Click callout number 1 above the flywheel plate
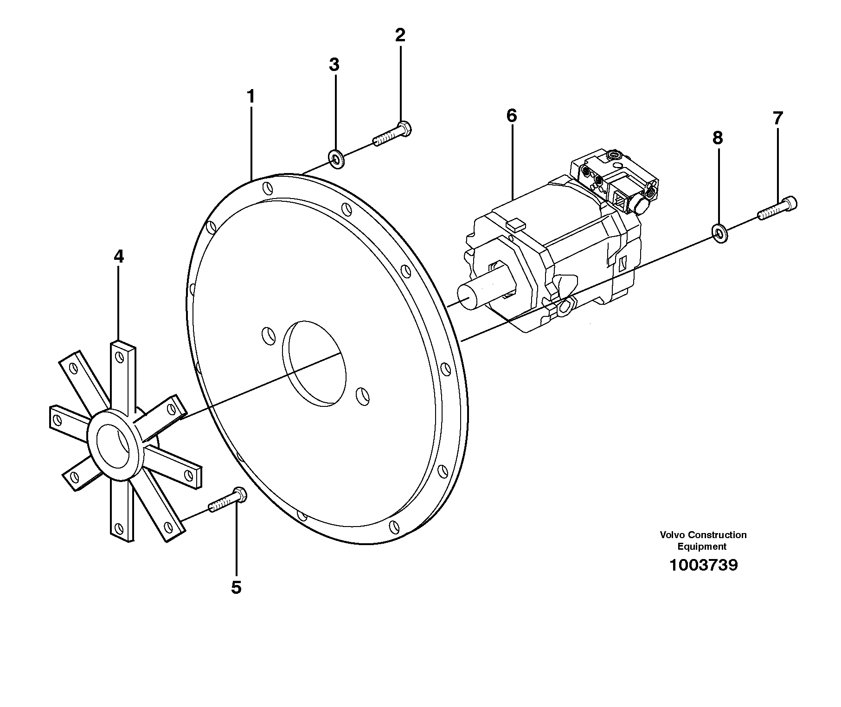coord(250,97)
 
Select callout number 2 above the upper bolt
coord(400,35)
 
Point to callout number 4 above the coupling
coord(119,257)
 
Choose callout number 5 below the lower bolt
coord(236,587)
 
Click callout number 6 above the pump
coord(511,116)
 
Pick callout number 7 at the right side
coord(777,118)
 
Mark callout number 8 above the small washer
coord(718,138)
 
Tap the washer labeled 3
coord(335,158)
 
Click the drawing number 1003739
coord(703,566)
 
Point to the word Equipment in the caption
coord(702,546)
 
